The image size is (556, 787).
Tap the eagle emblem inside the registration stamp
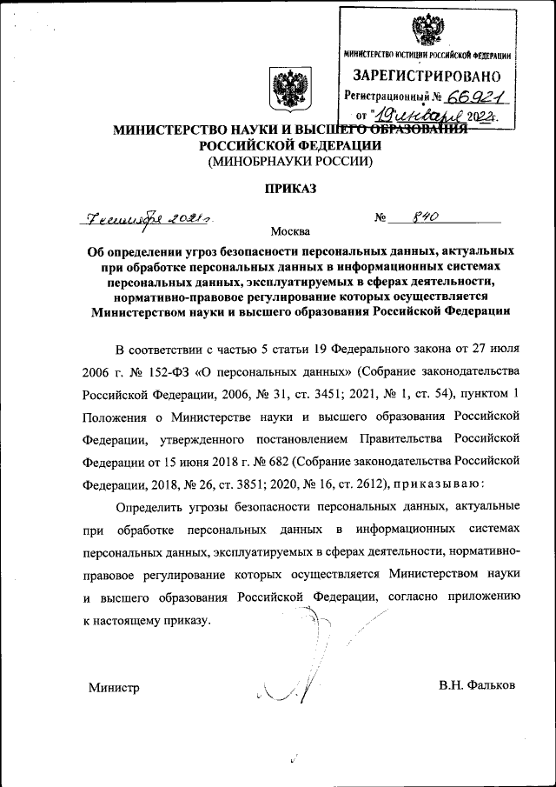(426, 30)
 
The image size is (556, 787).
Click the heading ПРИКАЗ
(290, 188)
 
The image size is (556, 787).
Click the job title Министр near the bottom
(114, 686)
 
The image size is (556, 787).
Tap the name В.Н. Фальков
(478, 685)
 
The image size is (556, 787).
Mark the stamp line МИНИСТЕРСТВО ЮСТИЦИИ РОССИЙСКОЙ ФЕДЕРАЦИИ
(427, 56)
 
